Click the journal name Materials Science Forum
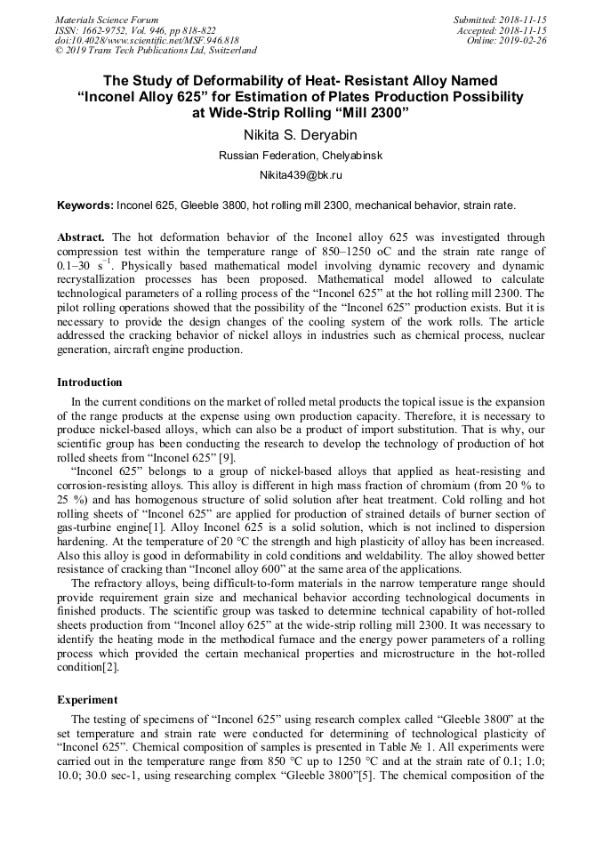click(x=107, y=20)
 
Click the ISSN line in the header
click(x=134, y=30)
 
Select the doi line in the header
click(x=147, y=41)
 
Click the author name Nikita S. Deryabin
click(x=301, y=135)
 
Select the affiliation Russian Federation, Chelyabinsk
click(x=301, y=156)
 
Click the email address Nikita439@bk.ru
click(x=301, y=175)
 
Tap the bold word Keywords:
click(x=85, y=205)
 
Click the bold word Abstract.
click(x=82, y=238)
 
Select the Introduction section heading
click(x=90, y=382)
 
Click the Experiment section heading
click(x=87, y=700)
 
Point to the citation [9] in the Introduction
click(x=228, y=458)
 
